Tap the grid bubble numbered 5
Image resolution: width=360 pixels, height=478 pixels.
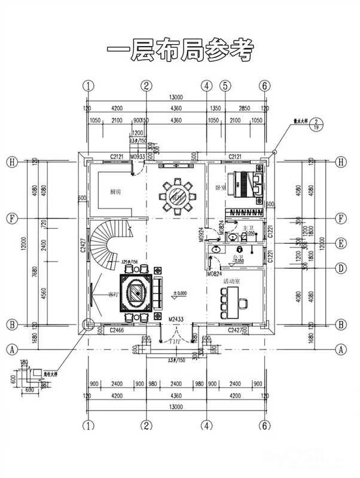pyautogui.click(x=225, y=85)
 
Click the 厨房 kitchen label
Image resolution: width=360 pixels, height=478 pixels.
pyautogui.click(x=116, y=192)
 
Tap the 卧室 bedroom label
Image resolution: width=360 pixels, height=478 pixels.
pyautogui.click(x=220, y=186)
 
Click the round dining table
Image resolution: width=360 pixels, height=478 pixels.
pyautogui.click(x=178, y=194)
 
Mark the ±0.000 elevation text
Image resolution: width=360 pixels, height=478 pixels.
pyautogui.click(x=180, y=293)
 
